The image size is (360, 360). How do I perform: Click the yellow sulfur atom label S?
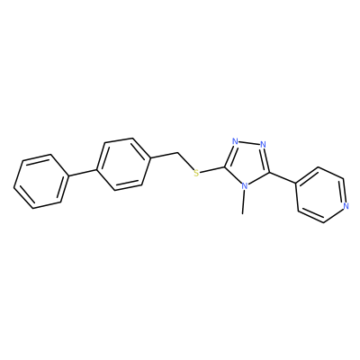196,173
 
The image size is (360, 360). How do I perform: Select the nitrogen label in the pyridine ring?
346,206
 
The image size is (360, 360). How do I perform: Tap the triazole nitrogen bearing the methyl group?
245,186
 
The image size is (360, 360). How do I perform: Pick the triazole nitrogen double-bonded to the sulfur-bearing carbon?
235,141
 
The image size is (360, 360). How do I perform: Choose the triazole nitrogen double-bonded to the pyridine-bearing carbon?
263,145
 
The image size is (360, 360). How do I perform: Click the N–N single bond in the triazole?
249,143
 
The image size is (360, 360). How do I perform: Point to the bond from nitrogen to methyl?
244,202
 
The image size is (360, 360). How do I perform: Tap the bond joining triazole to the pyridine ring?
283,178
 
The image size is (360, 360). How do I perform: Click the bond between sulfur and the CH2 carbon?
185,161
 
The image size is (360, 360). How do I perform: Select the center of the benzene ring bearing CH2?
123,164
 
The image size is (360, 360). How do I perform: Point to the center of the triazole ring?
247,162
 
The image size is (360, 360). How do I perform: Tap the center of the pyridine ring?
321,195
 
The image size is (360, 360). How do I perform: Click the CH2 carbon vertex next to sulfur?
177,153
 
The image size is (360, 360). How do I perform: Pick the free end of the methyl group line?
242,214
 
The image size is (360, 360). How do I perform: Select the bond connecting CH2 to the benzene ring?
164,155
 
